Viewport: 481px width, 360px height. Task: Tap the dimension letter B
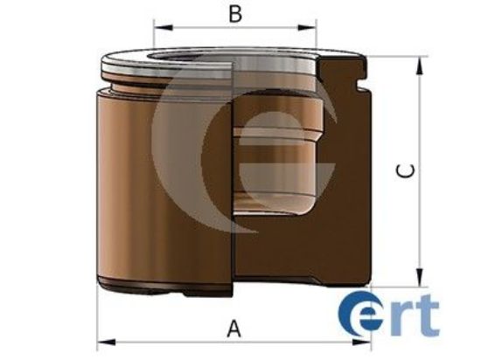(x=234, y=14)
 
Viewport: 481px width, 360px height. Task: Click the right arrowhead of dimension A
(x=365, y=342)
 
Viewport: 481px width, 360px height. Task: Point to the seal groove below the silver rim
(x=131, y=87)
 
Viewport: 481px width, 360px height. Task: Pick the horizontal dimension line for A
(x=175, y=342)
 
